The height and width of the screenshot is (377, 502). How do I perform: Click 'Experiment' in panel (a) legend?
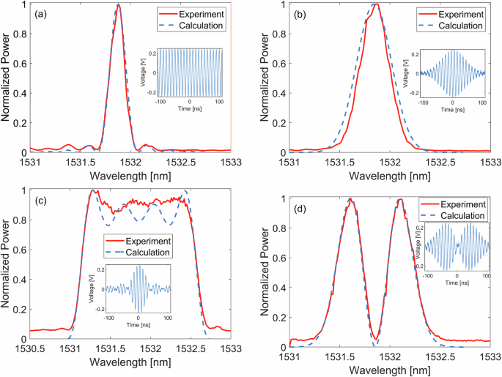point(196,13)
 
